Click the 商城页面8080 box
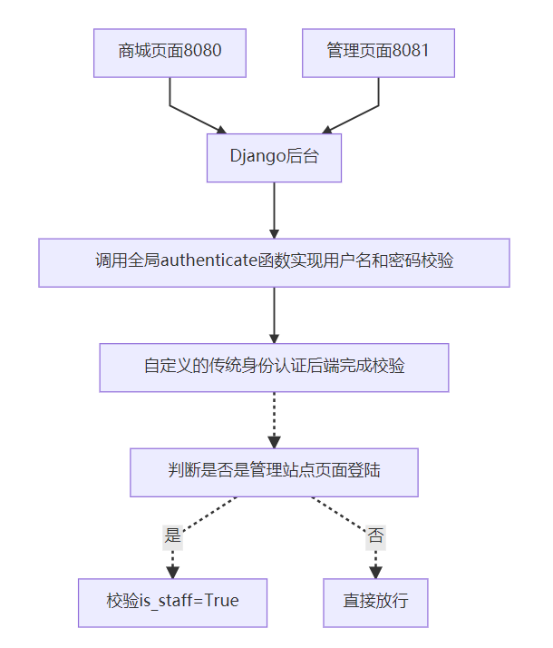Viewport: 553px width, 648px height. (x=170, y=53)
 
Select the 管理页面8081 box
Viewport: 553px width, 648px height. (x=378, y=53)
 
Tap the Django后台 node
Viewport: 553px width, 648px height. (x=274, y=158)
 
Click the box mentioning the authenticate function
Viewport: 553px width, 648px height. (x=274, y=262)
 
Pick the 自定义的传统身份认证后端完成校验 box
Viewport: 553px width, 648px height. (x=274, y=368)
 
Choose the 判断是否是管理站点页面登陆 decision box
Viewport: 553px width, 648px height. (x=274, y=472)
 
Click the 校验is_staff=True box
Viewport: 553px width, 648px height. (x=172, y=602)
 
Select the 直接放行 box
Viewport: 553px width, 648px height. (x=375, y=602)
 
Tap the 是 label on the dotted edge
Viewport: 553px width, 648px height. (x=172, y=535)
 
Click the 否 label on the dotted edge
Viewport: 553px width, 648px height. (x=375, y=535)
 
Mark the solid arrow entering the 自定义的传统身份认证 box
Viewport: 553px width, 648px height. (x=274, y=315)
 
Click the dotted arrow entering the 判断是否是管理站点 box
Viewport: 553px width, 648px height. (x=274, y=419)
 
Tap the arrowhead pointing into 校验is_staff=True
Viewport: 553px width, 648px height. (x=172, y=572)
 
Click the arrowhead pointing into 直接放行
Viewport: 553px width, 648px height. (x=375, y=572)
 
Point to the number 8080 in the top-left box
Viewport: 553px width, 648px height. (x=202, y=52)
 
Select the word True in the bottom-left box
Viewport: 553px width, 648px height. (x=222, y=602)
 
